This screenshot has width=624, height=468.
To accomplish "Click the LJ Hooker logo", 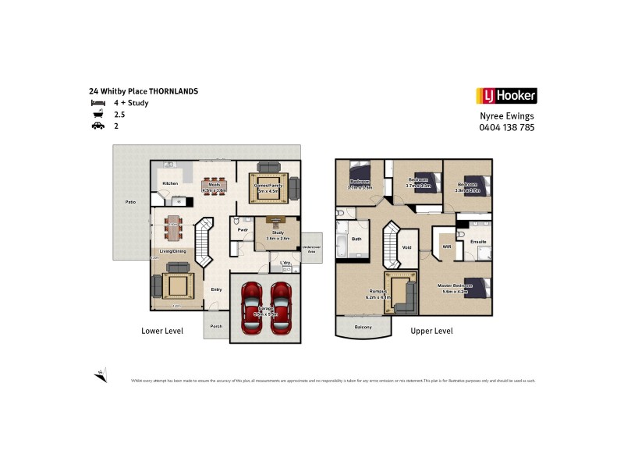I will tap(505, 96).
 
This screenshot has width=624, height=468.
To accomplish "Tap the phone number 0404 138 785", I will tap(506, 127).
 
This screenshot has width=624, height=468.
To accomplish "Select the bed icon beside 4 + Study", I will tap(97, 103).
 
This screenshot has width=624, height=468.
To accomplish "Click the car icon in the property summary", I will tap(97, 126).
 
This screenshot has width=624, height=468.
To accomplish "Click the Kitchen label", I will tap(170, 183).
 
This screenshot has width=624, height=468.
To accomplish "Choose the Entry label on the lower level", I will tap(216, 289).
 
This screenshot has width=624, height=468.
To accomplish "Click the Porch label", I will tap(216, 325).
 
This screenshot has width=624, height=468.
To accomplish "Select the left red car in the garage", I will tap(251, 307).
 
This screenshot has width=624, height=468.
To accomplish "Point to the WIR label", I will tap(446, 246).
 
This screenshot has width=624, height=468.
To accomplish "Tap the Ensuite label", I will tap(478, 242).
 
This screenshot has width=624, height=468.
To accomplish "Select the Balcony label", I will tap(363, 327).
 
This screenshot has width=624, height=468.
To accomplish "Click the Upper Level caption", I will tap(431, 331).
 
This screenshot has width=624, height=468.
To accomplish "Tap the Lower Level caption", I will tap(161, 331).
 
